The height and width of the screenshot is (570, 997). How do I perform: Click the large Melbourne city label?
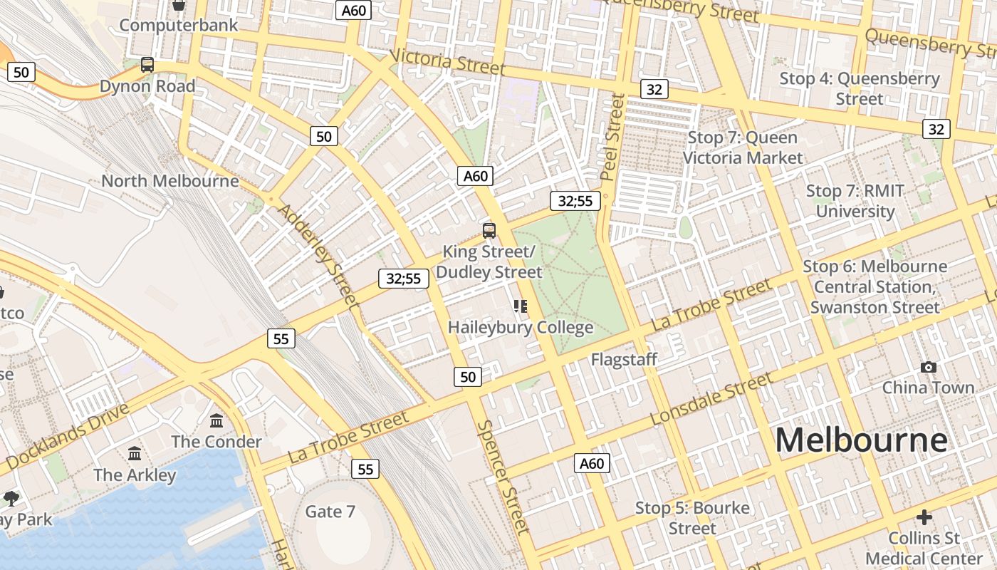(861, 440)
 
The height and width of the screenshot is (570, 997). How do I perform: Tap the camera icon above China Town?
(928, 367)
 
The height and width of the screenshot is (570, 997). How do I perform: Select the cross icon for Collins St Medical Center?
(924, 517)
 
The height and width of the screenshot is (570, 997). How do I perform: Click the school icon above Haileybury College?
(521, 306)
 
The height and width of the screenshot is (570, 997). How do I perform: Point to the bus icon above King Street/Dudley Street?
(489, 230)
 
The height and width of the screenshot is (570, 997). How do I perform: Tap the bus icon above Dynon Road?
(147, 65)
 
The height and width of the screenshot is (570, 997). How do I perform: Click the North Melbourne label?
(169, 181)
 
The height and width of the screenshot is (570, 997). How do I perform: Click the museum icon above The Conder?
(216, 420)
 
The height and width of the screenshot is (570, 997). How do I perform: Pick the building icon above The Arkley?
(135, 453)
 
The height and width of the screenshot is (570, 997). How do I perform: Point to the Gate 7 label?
(330, 512)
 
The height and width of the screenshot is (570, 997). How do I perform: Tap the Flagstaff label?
(624, 360)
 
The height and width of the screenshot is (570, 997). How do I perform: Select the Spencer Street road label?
(503, 477)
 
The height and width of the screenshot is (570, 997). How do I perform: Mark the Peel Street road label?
(612, 137)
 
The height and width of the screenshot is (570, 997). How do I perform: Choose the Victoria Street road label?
(448, 62)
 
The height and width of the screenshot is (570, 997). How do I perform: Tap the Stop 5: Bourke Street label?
(692, 518)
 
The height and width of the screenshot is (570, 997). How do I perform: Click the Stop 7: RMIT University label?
(855, 201)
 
